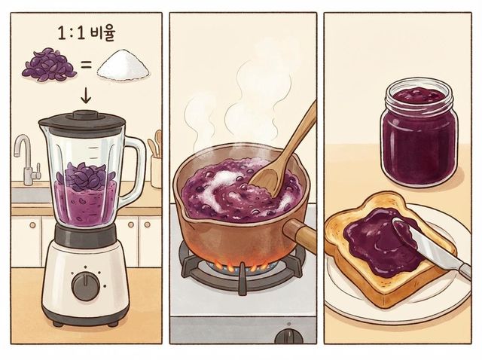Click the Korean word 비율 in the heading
pos(102,33)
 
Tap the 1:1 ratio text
pos(71,33)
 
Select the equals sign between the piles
pos(86,66)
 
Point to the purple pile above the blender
pos(49,65)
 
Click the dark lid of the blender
pos(82,121)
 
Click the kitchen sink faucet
pos(26,160)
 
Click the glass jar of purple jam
pos(419,133)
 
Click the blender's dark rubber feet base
pos(85,322)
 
